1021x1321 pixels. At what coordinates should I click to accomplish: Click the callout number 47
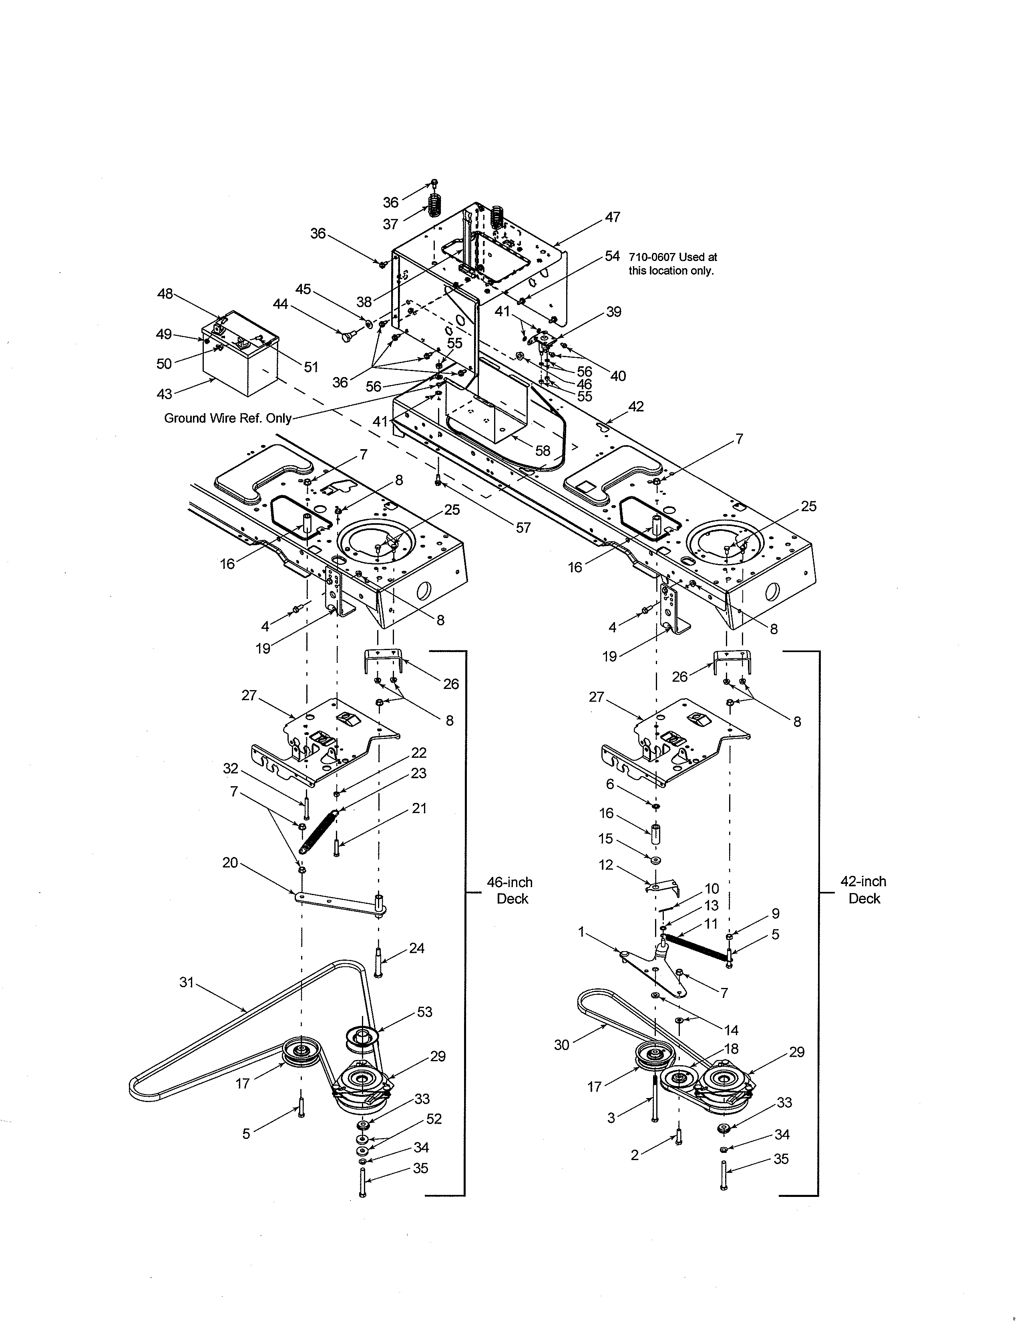pos(612,217)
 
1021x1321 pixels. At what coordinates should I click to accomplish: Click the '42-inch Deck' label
pos(863,890)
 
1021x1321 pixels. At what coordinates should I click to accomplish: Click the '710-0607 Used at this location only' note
pos(672,264)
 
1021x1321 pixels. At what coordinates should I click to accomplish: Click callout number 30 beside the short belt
pos(561,1044)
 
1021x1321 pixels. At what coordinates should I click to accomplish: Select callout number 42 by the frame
pos(636,406)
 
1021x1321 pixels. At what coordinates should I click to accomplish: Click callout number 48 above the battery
pos(165,294)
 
